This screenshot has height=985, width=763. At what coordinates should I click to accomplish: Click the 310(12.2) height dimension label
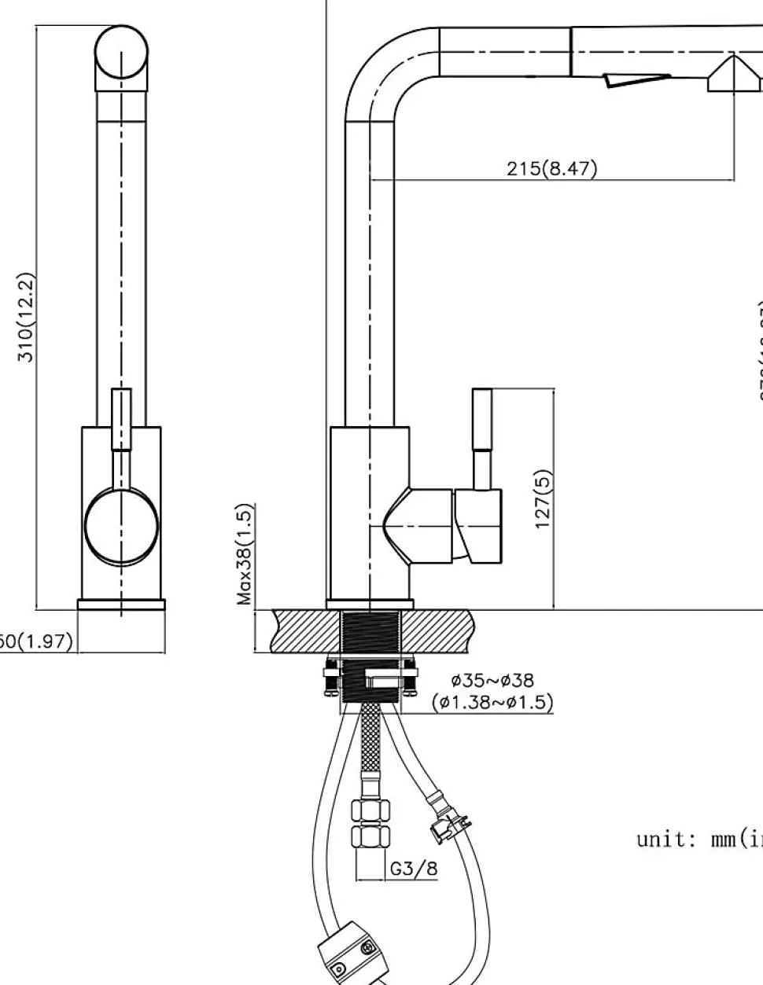pos(26,317)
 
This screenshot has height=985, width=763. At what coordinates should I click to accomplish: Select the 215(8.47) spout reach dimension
pos(551,168)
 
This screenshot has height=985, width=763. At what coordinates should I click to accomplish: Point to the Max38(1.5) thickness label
pos(245,554)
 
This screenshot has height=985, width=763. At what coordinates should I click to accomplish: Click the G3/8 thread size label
pos(413,869)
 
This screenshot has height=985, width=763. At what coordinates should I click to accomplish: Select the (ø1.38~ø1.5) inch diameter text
pos(492,702)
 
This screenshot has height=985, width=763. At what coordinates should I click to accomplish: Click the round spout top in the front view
pos(121,54)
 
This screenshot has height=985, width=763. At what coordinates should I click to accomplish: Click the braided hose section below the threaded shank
pos(367,739)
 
